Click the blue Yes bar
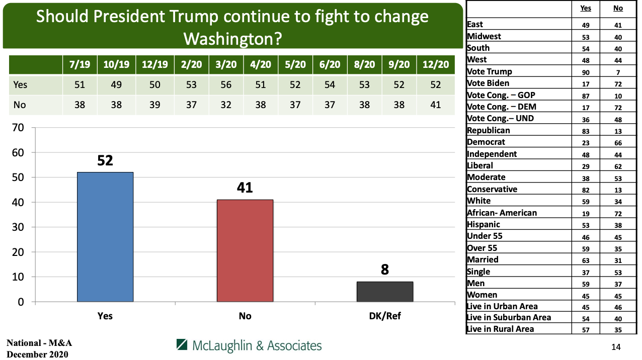[x=105, y=237]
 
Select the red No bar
[x=245, y=250]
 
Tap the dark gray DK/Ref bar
[x=385, y=292]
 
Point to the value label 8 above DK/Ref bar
[x=385, y=269]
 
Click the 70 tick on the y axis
[x=18, y=128]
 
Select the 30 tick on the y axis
[x=18, y=227]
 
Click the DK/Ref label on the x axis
[x=385, y=316]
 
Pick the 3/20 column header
[x=225, y=65]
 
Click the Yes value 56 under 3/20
[x=225, y=84]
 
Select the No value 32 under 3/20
[x=225, y=105]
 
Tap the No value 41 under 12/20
[x=436, y=105]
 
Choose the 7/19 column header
[x=79, y=65]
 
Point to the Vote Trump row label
[x=489, y=71]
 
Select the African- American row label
[x=502, y=213]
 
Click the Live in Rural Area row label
[x=500, y=329]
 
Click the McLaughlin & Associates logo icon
[x=182, y=345]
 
